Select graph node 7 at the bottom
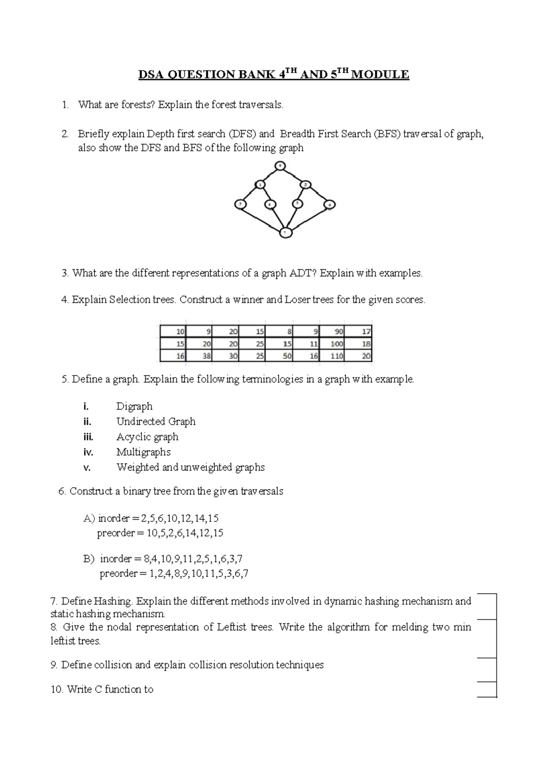click(285, 233)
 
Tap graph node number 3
click(240, 204)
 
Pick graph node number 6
click(330, 205)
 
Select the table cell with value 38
click(200, 356)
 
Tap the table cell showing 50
click(279, 356)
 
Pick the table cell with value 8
click(279, 331)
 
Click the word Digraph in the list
click(134, 406)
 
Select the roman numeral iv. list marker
click(88, 452)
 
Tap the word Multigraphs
click(143, 452)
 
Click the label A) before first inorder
click(90, 518)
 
